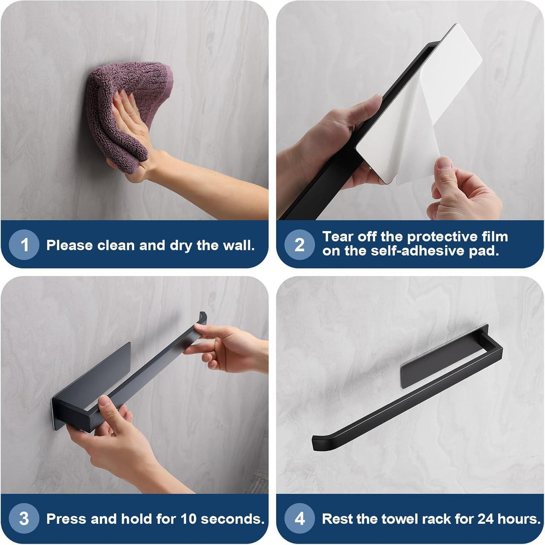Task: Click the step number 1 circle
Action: pos(24,245)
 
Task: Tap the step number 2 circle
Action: pos(299,245)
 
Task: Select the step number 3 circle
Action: pos(24,519)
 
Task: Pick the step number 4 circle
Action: pos(299,519)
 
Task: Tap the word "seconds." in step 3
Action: pos(233,519)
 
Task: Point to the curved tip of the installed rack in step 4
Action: pos(315,444)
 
